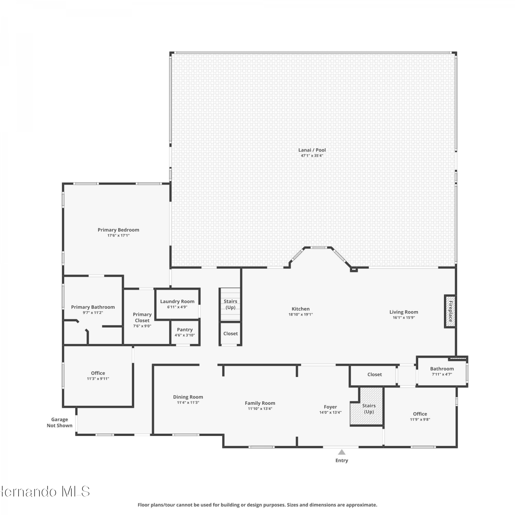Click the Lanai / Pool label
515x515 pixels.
(312, 150)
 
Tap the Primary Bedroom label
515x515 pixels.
(118, 230)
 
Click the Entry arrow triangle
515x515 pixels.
(342, 452)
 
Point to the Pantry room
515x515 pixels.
(185, 332)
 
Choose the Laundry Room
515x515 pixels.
(177, 304)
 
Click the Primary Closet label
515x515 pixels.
(142, 318)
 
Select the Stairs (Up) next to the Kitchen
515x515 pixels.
(230, 304)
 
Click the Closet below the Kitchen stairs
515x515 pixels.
(230, 333)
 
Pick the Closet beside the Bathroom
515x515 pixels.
(374, 375)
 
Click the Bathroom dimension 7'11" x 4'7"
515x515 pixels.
(442, 374)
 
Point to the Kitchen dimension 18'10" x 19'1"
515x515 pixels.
(301, 314)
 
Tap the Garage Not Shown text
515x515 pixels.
(60, 423)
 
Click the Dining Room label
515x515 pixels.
(188, 397)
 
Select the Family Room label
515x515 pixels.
(260, 403)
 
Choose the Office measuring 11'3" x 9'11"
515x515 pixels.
(98, 376)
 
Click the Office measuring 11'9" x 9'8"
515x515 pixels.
(420, 417)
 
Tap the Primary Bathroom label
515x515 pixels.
(93, 307)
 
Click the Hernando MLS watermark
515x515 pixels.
(45, 492)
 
